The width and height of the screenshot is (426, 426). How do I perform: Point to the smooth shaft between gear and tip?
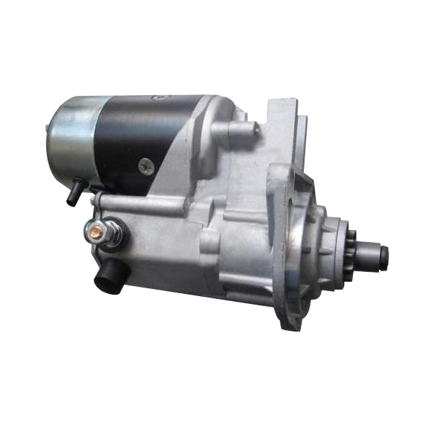click(371, 253)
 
